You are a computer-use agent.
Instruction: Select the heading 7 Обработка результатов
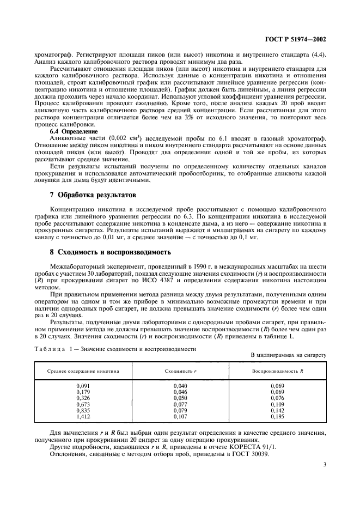(91, 195)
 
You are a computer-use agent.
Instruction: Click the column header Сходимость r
(180, 371)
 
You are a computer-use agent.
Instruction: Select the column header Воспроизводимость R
(277, 371)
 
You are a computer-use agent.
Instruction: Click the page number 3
(325, 465)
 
